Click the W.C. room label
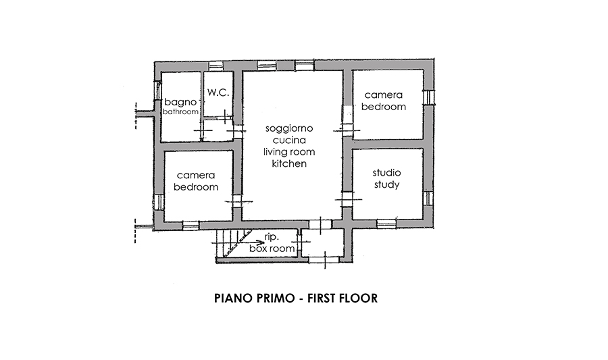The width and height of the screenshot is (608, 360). click(218, 93)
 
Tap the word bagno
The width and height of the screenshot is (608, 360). click(180, 102)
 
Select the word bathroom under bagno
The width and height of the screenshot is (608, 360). click(180, 111)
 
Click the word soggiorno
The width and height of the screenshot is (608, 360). click(289, 128)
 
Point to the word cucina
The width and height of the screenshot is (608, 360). click(289, 140)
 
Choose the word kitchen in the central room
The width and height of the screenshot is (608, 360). click(289, 163)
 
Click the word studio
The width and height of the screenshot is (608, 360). click(386, 172)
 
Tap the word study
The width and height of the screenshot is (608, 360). click(386, 184)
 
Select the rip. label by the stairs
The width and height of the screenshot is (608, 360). click(272, 236)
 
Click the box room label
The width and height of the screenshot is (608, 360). click(272, 248)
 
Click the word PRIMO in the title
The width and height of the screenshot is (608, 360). click(276, 298)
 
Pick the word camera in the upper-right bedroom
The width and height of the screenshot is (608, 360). click(384, 95)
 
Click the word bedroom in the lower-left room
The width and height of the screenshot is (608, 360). click(196, 187)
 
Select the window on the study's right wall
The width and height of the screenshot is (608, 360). click(428, 198)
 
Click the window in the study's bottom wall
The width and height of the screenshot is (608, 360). click(386, 224)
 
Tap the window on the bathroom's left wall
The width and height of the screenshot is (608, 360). click(157, 90)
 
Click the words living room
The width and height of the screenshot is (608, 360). click(289, 152)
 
